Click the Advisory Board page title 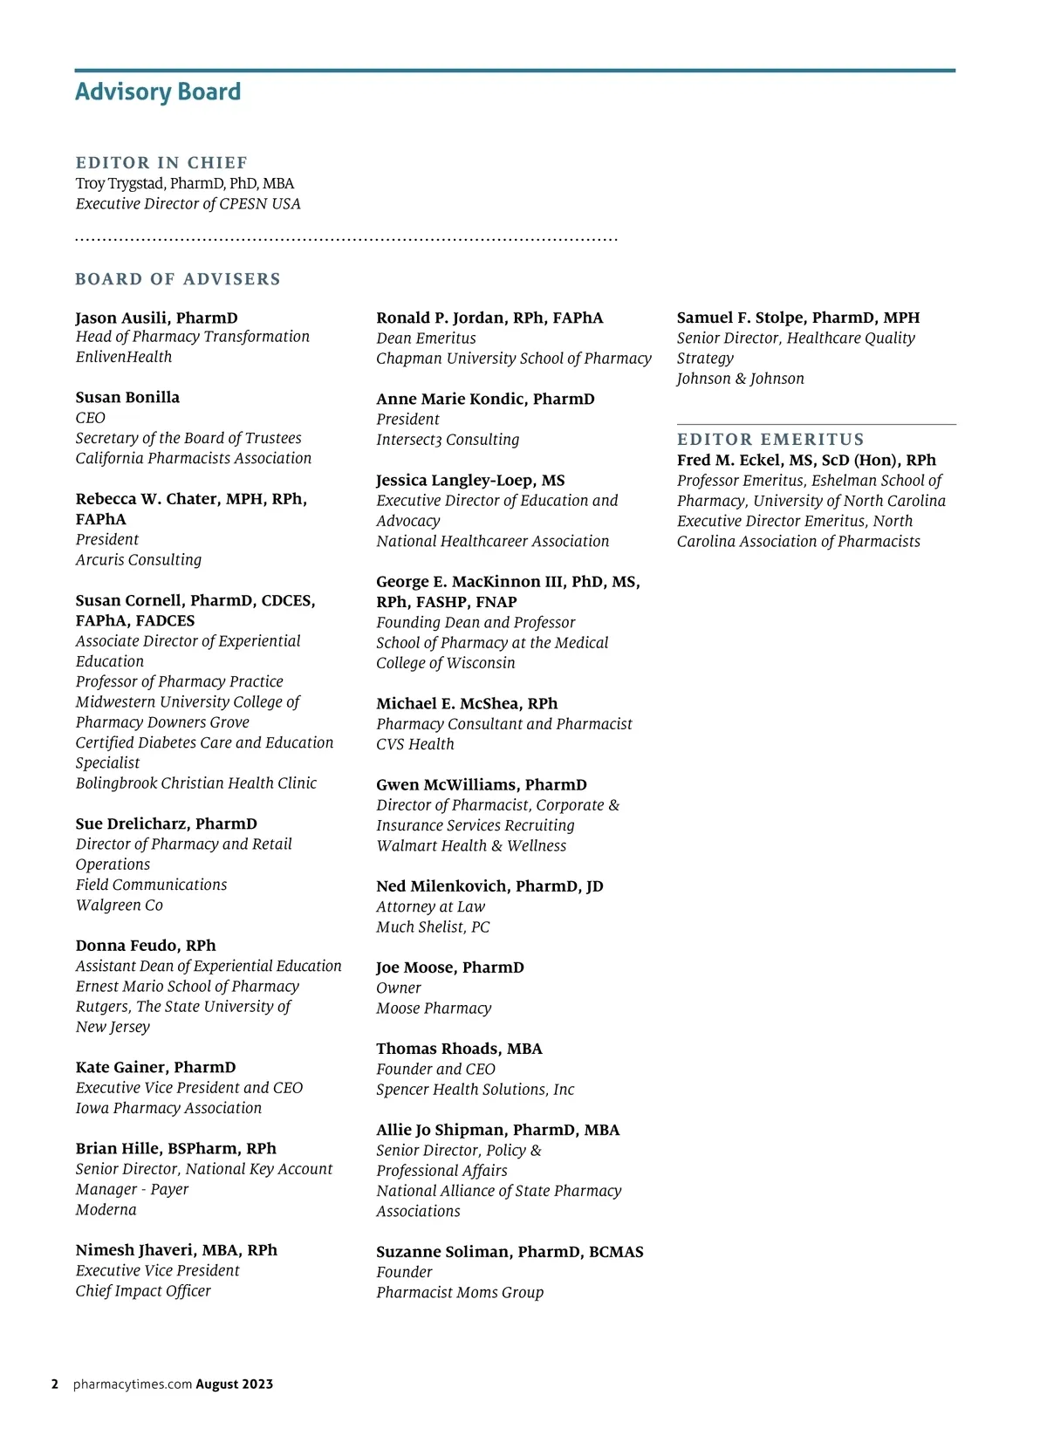click(x=158, y=92)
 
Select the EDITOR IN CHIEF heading click(x=161, y=163)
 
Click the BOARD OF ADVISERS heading click(x=178, y=279)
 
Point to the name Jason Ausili click(x=123, y=318)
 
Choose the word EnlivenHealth click(x=124, y=358)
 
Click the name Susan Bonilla click(x=127, y=398)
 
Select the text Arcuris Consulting click(x=139, y=560)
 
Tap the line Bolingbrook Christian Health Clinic click(x=196, y=783)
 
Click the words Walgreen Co click(x=120, y=906)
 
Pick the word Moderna click(x=106, y=1210)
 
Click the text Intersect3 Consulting click(x=448, y=440)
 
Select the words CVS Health click(x=415, y=744)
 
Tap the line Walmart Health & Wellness click(x=471, y=846)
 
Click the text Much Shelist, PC click(x=433, y=927)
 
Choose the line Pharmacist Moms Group click(x=460, y=1293)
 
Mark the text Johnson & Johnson click(x=741, y=379)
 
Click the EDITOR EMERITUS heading click(x=770, y=440)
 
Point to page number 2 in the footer click(x=55, y=1385)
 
